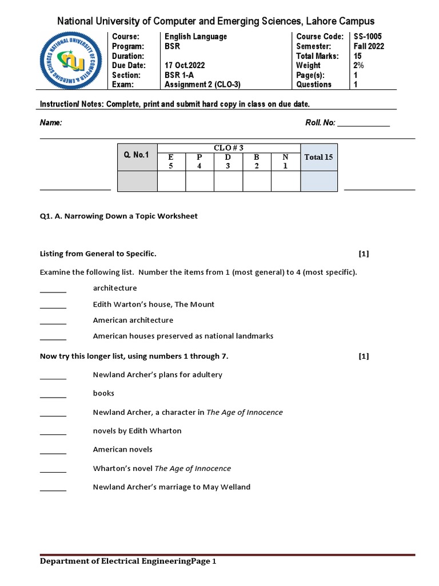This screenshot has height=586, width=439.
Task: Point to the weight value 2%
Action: pyautogui.click(x=359, y=66)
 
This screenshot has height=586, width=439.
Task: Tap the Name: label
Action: pyautogui.click(x=50, y=123)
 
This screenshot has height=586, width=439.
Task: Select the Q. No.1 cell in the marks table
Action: pyautogui.click(x=137, y=155)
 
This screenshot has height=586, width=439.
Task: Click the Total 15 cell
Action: pyautogui.click(x=318, y=157)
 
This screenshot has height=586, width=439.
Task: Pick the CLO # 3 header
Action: pyautogui.click(x=229, y=148)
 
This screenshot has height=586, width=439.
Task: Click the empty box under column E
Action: pyautogui.click(x=171, y=181)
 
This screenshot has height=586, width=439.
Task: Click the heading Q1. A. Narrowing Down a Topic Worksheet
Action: pyautogui.click(x=118, y=216)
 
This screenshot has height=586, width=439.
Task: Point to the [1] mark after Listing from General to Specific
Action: pyautogui.click(x=364, y=254)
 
